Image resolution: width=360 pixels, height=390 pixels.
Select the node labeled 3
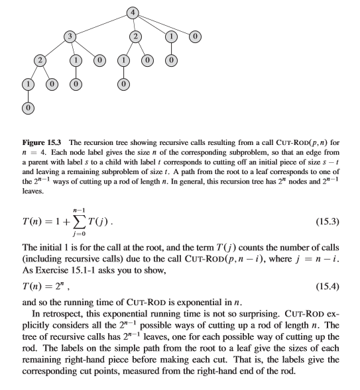point(68,36)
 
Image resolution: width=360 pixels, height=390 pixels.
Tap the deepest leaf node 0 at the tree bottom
point(27,106)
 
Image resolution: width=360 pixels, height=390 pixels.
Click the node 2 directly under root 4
point(136,36)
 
